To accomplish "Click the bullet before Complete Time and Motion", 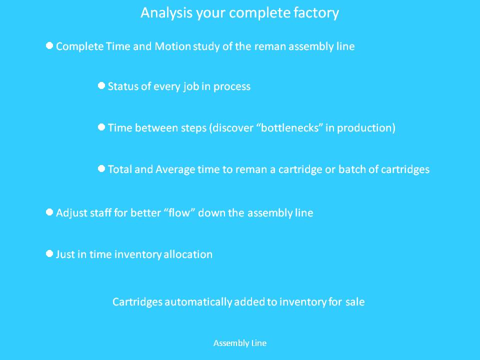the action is coord(49,45).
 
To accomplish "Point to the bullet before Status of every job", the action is coord(101,85).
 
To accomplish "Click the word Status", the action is coord(123,86).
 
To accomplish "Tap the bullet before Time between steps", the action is coord(101,127).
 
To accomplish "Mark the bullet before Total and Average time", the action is coord(101,168).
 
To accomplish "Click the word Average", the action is coord(175,169).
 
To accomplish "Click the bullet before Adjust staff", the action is coord(49,212).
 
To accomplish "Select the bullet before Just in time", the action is coord(49,253).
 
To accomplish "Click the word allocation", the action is coord(188,254).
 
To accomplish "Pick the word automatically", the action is coord(198,302).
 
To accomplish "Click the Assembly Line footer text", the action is coord(240,343).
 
